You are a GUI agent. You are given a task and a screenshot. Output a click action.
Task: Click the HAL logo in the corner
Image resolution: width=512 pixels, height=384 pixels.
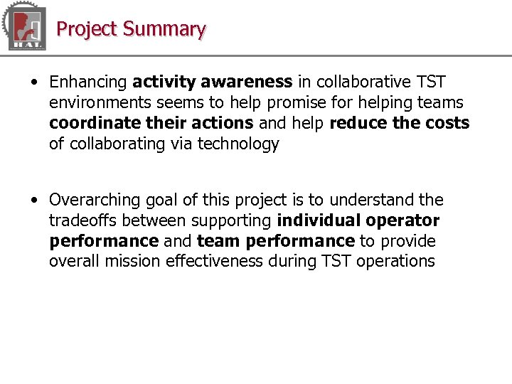click(25, 27)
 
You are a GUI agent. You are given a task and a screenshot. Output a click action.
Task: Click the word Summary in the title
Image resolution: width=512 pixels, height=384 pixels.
click(164, 29)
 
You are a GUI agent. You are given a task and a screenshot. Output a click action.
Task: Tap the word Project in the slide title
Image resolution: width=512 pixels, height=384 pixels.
click(87, 29)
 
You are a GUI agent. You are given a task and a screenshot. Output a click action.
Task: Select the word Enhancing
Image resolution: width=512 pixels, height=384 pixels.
click(88, 82)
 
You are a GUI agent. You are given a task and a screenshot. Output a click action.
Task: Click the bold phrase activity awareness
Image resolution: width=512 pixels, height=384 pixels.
click(212, 82)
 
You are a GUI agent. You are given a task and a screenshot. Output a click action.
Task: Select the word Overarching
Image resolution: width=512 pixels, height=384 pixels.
click(95, 200)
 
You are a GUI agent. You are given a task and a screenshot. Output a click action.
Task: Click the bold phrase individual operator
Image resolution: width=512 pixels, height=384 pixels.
click(358, 220)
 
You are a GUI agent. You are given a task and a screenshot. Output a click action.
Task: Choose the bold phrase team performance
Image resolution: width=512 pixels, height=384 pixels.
click(276, 241)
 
